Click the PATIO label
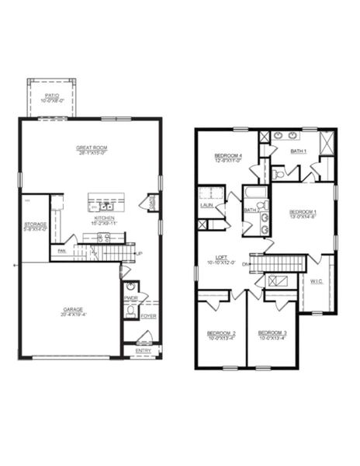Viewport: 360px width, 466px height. (x=51, y=96)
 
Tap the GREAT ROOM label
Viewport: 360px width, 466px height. (x=91, y=148)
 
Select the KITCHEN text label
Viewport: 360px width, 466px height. (x=105, y=218)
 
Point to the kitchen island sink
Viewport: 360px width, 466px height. (x=106, y=207)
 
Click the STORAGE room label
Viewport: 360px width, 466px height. (x=34, y=224)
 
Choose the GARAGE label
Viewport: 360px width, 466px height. (x=73, y=309)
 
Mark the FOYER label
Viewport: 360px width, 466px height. (x=148, y=316)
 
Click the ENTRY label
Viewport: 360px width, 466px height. (x=144, y=350)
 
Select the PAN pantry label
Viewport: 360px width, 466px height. (x=61, y=250)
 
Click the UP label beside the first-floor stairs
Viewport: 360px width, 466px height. (x=140, y=254)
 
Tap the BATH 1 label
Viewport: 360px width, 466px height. (x=299, y=151)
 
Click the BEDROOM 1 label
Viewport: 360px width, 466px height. (x=303, y=212)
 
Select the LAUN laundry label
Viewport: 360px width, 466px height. (x=207, y=205)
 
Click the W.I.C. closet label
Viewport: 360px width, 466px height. (x=317, y=281)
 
